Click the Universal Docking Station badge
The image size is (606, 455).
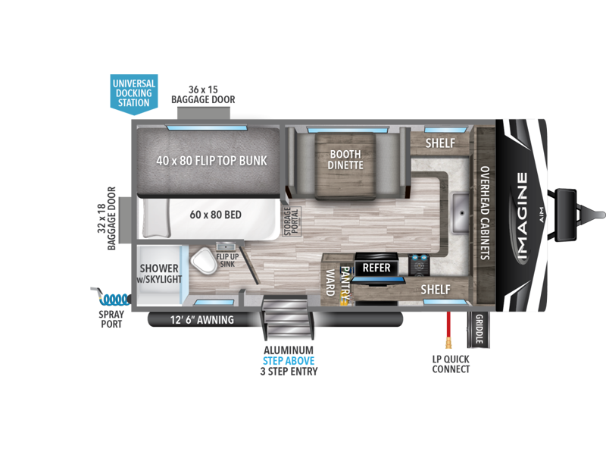pyautogui.click(x=134, y=94)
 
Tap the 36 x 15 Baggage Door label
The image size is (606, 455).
pyautogui.click(x=203, y=95)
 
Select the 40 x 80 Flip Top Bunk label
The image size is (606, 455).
pyautogui.click(x=211, y=161)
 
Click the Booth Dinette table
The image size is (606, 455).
pyautogui.click(x=345, y=165)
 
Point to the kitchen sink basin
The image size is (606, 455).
pyautogui.click(x=461, y=213)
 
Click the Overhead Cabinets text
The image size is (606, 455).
pyautogui.click(x=485, y=213)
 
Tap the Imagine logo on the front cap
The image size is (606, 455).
pyautogui.click(x=522, y=216)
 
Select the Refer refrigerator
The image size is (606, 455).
pyautogui.click(x=376, y=268)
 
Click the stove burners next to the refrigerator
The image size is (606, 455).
pyautogui.click(x=419, y=265)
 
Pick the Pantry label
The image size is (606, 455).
pyautogui.click(x=345, y=283)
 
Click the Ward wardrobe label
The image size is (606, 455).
pyautogui.click(x=330, y=282)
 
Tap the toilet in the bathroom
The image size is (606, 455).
pyautogui.click(x=204, y=261)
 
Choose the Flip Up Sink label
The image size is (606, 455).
pyautogui.click(x=227, y=260)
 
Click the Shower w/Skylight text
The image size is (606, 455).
pyautogui.click(x=159, y=274)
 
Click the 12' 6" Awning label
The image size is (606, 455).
pyautogui.click(x=202, y=320)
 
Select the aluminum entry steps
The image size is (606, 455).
pyautogui.click(x=288, y=316)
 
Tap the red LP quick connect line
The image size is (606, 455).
pyautogui.click(x=448, y=329)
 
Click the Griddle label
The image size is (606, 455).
pyautogui.click(x=479, y=329)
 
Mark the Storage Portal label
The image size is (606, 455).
pyautogui.click(x=292, y=221)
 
